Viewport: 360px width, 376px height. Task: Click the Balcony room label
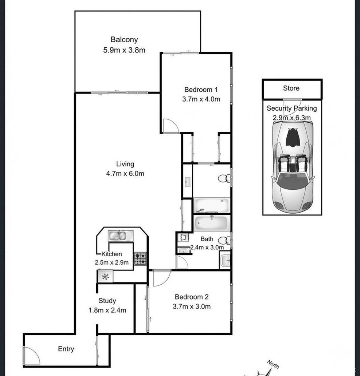point(124,40)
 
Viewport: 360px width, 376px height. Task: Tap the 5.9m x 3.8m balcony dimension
point(124,50)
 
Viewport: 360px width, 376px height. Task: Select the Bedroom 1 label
point(201,90)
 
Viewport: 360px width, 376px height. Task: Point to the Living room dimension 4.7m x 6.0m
point(125,174)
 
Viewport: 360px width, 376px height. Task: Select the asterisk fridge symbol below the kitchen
point(105,277)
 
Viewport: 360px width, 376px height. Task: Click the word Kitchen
point(111,254)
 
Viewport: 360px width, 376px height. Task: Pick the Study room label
point(107,301)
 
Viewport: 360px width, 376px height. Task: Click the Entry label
point(66,349)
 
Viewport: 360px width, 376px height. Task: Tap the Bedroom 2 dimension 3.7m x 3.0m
point(192,306)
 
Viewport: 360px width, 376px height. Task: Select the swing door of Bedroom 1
point(170,126)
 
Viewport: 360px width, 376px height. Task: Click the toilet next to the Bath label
point(225,240)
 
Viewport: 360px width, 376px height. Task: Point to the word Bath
point(207,239)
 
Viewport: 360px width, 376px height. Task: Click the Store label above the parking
point(291,88)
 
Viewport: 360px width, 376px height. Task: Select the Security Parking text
point(291,108)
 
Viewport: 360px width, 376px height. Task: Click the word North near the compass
point(273,364)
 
